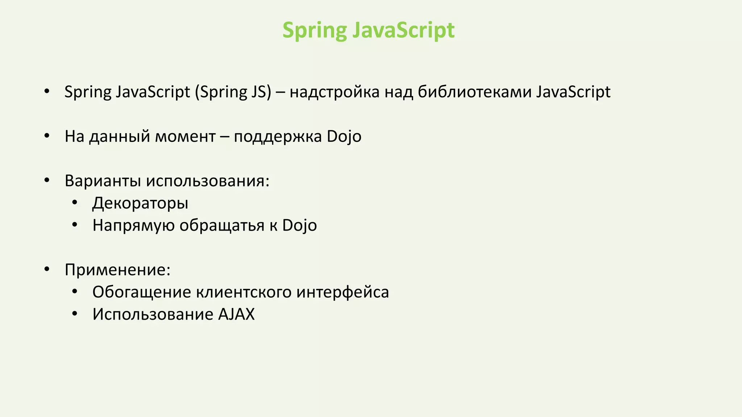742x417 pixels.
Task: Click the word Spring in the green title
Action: click(314, 30)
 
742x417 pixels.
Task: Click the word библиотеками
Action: click(474, 92)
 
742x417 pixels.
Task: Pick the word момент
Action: click(185, 136)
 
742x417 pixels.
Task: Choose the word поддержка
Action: click(278, 136)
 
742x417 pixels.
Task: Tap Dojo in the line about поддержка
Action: click(344, 136)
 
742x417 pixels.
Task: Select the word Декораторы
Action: click(140, 203)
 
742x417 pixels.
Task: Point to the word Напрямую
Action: click(133, 225)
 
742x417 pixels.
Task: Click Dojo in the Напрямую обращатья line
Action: click(299, 225)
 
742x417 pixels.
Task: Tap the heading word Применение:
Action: click(117, 270)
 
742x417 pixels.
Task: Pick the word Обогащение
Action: click(141, 292)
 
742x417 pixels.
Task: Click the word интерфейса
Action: click(342, 292)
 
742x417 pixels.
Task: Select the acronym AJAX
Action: click(236, 314)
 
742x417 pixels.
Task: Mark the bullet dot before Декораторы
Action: click(75, 203)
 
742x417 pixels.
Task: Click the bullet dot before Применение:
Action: click(47, 270)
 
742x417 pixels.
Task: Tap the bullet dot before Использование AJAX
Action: click(75, 314)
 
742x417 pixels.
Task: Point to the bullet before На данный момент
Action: click(47, 136)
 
